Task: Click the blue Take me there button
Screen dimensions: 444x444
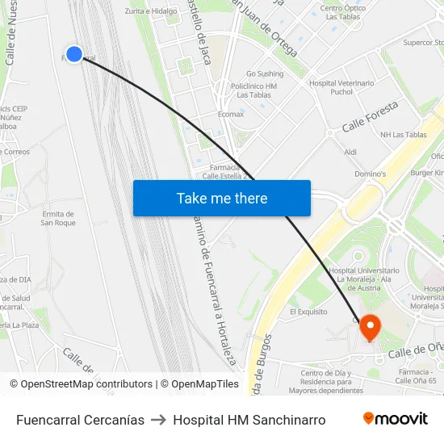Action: click(222, 198)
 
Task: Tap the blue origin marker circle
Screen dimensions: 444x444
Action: click(73, 54)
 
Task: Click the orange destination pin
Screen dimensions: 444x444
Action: click(370, 327)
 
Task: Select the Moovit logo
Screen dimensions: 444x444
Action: click(396, 418)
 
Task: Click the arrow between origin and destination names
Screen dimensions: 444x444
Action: click(159, 420)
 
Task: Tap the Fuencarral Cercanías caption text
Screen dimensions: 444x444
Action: click(80, 420)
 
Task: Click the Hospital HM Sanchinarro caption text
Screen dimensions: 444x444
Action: click(249, 420)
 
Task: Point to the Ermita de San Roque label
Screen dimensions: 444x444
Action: click(58, 218)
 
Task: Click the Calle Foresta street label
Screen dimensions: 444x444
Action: click(371, 116)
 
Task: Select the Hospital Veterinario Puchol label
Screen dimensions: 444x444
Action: click(342, 87)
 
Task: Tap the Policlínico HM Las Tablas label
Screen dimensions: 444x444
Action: click(253, 90)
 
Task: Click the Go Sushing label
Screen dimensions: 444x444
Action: click(265, 73)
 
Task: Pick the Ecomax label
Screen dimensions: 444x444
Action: click(231, 114)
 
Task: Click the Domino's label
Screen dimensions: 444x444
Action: click(371, 174)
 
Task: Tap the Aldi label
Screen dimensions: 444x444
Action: click(350, 152)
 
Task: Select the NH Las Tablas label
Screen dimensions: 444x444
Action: click(403, 135)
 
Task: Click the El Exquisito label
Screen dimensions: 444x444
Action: click(308, 311)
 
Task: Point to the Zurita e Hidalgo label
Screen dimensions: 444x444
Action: click(151, 11)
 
